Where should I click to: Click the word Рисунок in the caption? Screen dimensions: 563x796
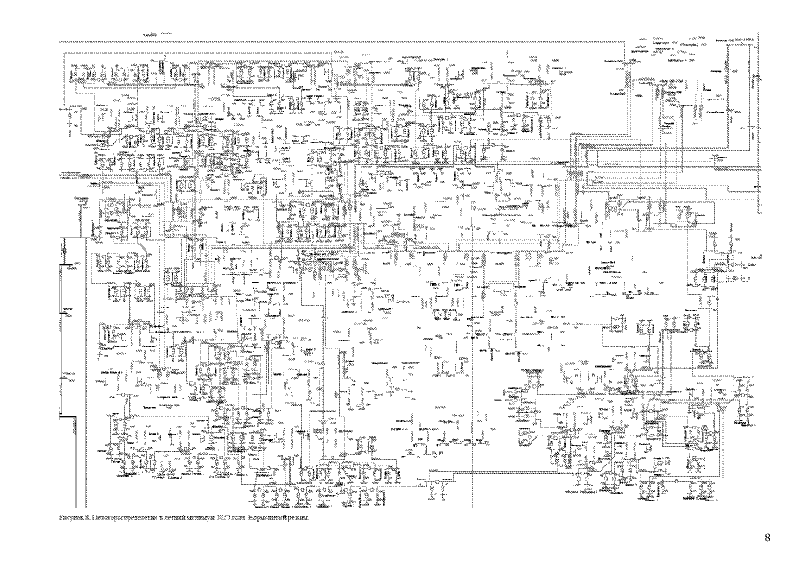pos(69,519)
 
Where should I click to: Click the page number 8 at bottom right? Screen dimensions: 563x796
pos(767,537)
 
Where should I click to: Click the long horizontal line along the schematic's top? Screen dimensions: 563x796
pos(352,41)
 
